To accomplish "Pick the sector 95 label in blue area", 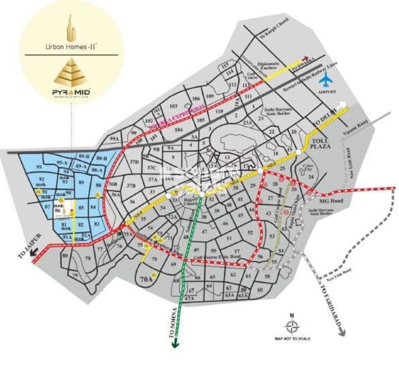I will pos(39,167).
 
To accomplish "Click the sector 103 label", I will pos(173,106).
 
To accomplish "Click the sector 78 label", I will pos(88,258).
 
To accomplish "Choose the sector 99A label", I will pos(114,139).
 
